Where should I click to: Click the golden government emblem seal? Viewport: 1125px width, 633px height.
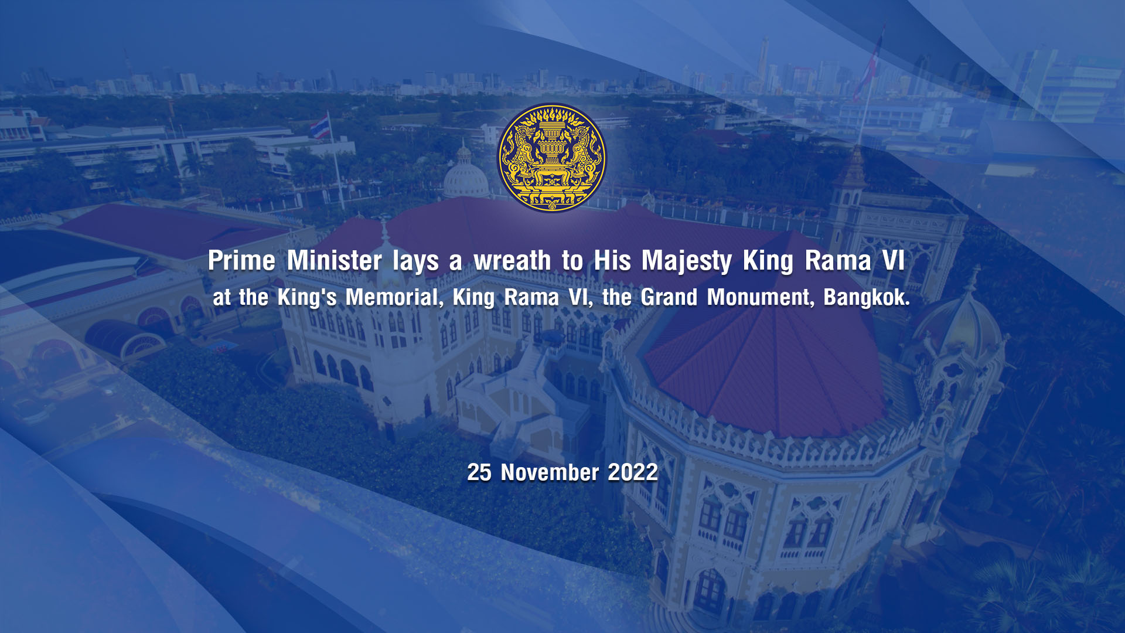tap(551, 158)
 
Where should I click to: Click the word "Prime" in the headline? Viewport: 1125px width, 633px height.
tap(241, 261)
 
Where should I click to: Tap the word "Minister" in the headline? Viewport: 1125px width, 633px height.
tap(335, 261)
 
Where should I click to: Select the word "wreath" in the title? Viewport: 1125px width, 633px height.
tap(512, 261)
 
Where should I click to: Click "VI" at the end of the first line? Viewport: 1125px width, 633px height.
tap(894, 261)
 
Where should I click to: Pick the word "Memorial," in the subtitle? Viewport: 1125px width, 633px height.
tap(394, 298)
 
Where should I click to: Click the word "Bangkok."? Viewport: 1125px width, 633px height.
tap(867, 298)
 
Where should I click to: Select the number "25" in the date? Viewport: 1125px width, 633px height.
tap(479, 472)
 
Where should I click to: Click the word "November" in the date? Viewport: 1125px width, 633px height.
tap(550, 472)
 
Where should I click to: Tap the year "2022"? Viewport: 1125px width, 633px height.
tap(633, 472)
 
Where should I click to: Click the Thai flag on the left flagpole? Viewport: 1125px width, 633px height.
tap(320, 127)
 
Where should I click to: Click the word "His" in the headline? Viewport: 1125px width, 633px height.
tap(612, 261)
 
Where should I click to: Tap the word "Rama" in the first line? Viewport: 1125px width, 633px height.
tap(838, 261)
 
